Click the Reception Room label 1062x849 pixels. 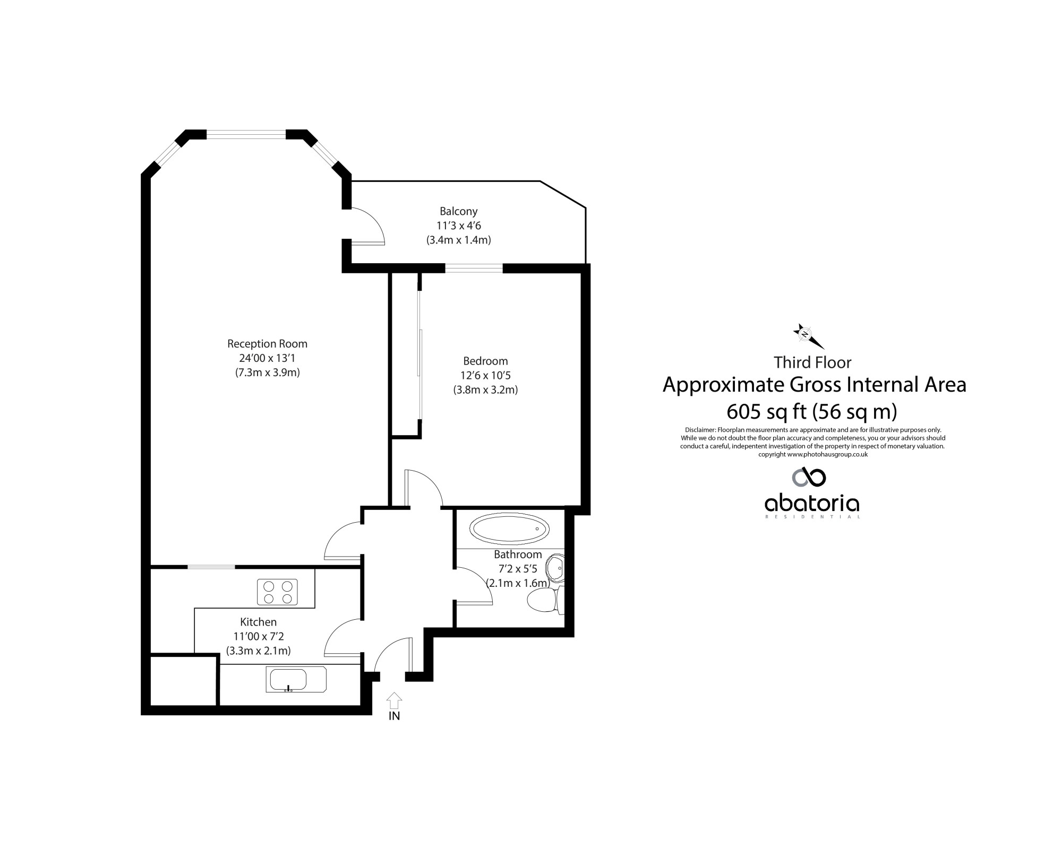tap(267, 343)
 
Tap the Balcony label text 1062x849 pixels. tap(458, 211)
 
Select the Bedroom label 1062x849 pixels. tap(485, 361)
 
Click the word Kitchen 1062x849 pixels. tap(258, 622)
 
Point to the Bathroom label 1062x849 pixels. tap(518, 555)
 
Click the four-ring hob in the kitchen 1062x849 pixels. tap(277, 592)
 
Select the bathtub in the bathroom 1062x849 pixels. tap(510, 529)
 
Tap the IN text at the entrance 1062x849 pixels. tap(394, 716)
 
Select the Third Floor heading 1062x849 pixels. tap(812, 362)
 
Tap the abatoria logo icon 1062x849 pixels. tap(809, 477)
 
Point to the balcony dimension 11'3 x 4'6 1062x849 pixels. tap(459, 226)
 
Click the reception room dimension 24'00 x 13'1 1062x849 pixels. tap(267, 358)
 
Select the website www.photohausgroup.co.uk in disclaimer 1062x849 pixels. tap(827, 454)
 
